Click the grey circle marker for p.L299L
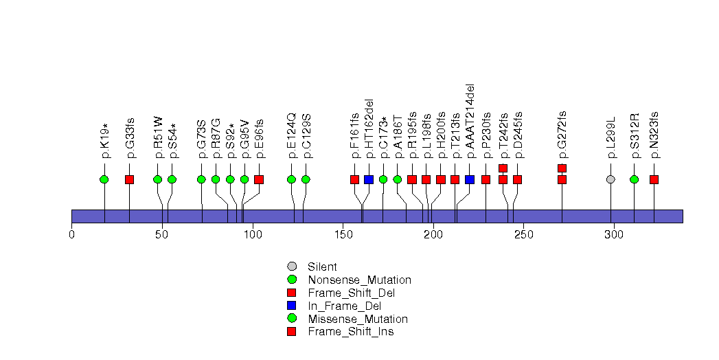(611, 179)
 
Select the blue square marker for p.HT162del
(369, 179)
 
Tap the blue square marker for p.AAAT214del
(470, 179)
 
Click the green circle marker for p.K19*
(104, 179)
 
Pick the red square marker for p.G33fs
(129, 179)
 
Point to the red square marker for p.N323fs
(654, 179)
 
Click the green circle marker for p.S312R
(634, 179)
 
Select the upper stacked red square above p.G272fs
(562, 168)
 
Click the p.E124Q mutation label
(292, 135)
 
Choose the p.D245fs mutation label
(518, 135)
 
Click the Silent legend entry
(322, 267)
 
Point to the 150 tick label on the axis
(343, 236)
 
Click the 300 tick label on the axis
(613, 236)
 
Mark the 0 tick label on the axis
(71, 236)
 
